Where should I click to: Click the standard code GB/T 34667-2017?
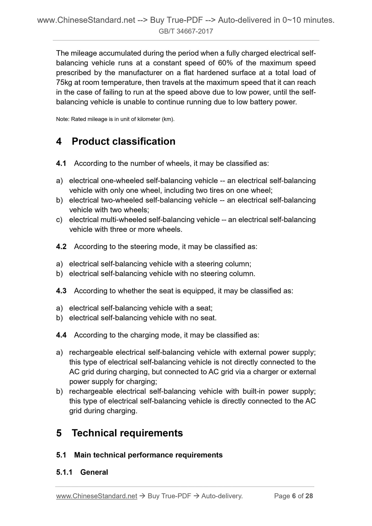(186, 31)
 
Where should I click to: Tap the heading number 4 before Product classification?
(59, 142)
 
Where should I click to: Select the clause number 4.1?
(61, 163)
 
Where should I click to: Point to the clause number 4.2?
(61, 247)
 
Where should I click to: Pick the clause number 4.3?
(61, 291)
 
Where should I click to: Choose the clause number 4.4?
(61, 335)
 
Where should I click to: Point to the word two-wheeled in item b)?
(122, 200)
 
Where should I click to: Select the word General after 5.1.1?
(94, 472)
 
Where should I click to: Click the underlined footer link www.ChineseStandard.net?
(97, 496)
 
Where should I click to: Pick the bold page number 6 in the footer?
(294, 496)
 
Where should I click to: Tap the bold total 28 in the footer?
(309, 496)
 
